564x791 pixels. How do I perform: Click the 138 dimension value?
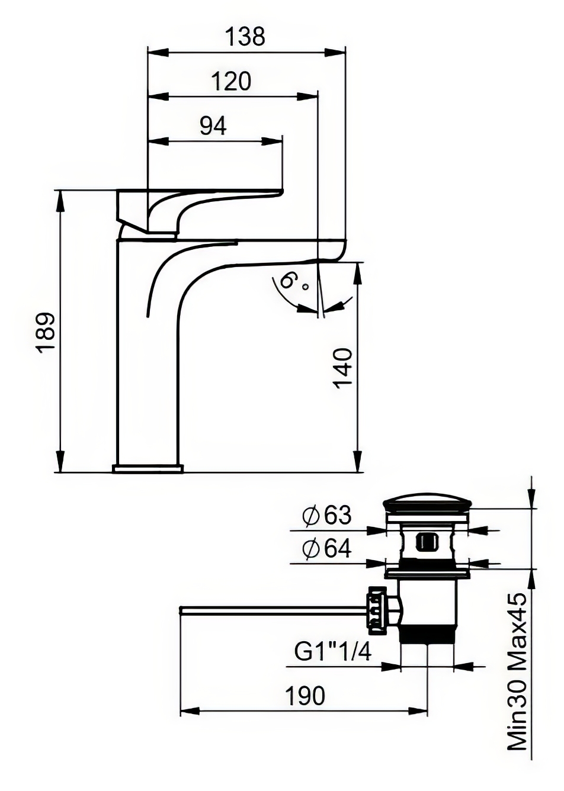pyautogui.click(x=246, y=36)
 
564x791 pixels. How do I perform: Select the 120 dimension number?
pyautogui.click(x=232, y=81)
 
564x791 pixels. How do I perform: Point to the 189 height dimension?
pyautogui.click(x=47, y=332)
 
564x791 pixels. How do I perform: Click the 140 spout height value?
pyautogui.click(x=344, y=368)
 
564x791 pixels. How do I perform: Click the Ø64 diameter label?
pyautogui.click(x=327, y=549)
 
